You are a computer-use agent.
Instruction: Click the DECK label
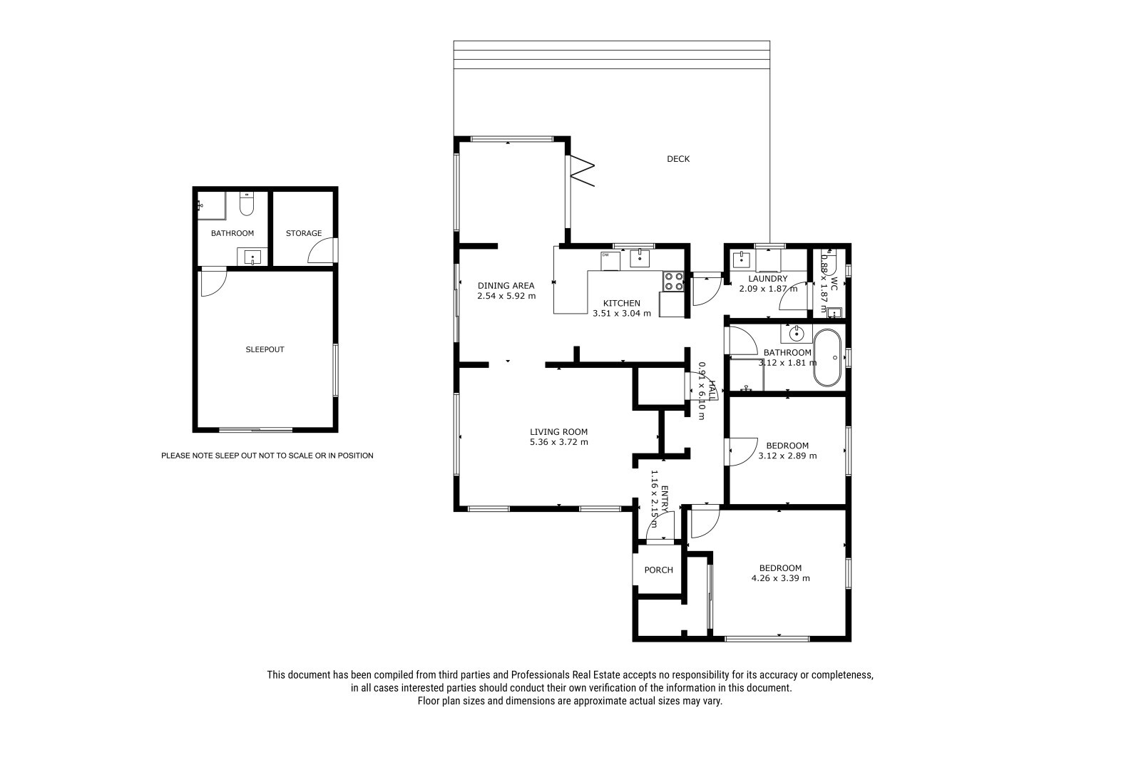678,159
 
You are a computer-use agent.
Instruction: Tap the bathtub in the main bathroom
827,358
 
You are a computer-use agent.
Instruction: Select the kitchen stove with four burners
673,281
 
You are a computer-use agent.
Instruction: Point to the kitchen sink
640,258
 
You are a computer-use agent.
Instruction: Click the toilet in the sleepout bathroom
247,203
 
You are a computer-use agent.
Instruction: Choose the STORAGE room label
304,233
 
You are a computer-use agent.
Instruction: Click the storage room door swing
322,251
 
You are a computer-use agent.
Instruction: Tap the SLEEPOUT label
265,349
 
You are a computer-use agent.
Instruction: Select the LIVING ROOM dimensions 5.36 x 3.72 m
559,442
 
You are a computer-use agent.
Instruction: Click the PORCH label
659,570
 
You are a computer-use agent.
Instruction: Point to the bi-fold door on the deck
582,170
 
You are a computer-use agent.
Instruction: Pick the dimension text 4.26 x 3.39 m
780,578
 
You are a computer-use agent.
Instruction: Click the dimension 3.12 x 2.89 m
787,456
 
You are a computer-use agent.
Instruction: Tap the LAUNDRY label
767,279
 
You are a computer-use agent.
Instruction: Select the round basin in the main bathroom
796,334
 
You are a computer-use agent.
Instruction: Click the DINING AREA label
506,286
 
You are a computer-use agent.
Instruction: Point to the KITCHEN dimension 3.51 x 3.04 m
621,314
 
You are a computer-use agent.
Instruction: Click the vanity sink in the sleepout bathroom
252,257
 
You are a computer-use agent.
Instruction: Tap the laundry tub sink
741,260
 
